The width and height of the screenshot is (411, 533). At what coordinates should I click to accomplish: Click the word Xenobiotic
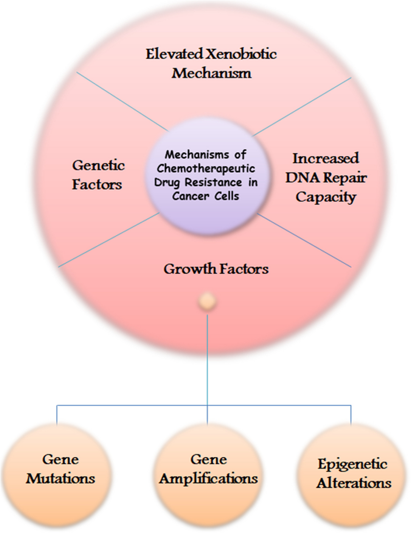[241, 54]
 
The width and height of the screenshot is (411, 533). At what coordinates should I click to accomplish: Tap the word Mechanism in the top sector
[211, 73]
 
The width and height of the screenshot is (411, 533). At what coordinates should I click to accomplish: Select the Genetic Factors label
[98, 175]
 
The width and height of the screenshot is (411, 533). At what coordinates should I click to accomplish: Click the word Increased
[326, 159]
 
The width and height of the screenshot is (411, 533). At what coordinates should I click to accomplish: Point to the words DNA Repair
[326, 178]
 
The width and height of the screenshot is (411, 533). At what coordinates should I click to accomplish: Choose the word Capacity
[326, 197]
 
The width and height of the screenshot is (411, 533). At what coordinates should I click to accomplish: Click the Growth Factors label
[216, 269]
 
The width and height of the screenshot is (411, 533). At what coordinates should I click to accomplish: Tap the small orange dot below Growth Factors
[207, 302]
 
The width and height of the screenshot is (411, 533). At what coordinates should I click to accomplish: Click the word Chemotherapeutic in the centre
[206, 168]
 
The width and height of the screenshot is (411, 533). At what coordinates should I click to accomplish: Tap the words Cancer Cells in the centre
[206, 196]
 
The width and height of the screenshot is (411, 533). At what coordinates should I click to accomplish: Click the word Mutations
[60, 478]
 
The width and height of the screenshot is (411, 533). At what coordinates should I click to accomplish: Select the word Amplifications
[208, 478]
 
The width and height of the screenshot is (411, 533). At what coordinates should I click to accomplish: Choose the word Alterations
[354, 483]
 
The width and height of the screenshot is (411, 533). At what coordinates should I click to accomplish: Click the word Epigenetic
[352, 464]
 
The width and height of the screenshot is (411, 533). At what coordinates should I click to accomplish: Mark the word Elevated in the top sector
[175, 54]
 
